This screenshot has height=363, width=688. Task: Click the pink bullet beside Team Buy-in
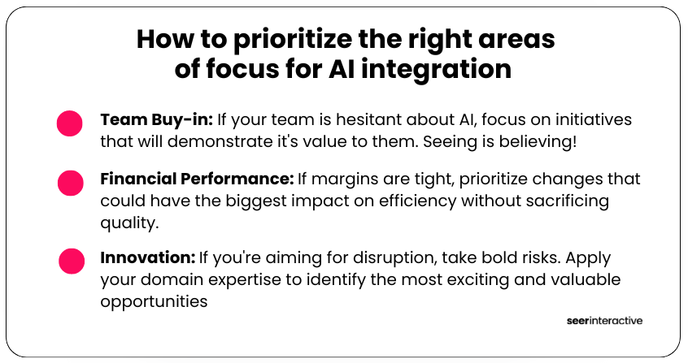pyautogui.click(x=69, y=123)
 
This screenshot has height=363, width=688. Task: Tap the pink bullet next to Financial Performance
pyautogui.click(x=70, y=183)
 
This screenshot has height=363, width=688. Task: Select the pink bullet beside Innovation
pyautogui.click(x=72, y=261)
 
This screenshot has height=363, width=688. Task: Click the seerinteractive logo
pyautogui.click(x=604, y=321)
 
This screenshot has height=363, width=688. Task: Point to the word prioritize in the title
pyautogui.click(x=293, y=41)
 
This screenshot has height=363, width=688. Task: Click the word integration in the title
pyautogui.click(x=436, y=70)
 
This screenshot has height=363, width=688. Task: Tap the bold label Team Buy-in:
pyautogui.click(x=157, y=119)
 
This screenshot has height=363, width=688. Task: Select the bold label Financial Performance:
pyautogui.click(x=197, y=179)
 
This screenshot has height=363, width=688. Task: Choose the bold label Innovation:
pyautogui.click(x=148, y=257)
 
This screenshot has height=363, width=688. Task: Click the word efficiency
pyautogui.click(x=418, y=201)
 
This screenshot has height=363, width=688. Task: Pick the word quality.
pyautogui.click(x=129, y=223)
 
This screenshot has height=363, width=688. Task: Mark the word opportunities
pyautogui.click(x=154, y=302)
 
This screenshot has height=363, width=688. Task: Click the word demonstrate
pyautogui.click(x=221, y=141)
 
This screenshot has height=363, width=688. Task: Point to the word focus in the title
pyautogui.click(x=242, y=69)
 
